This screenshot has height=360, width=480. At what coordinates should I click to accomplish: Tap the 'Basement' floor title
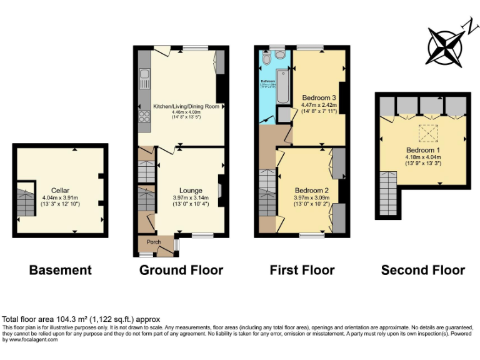coord(61,270)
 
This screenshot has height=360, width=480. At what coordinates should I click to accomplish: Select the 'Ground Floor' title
coord(181,270)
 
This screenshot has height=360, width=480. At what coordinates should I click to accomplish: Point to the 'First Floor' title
coord(302,270)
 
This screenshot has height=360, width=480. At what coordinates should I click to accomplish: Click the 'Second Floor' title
coord(423,270)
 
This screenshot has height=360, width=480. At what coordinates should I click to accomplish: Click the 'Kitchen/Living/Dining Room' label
coord(186,107)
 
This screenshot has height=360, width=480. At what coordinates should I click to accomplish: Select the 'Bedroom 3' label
coord(319,98)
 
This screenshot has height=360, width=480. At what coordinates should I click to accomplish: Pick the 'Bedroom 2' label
coord(311,190)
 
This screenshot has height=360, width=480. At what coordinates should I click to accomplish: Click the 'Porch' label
coord(154,242)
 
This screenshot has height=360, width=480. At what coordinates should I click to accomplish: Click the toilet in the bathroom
coord(267,59)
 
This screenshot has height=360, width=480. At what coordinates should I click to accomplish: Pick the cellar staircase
coord(25,201)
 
